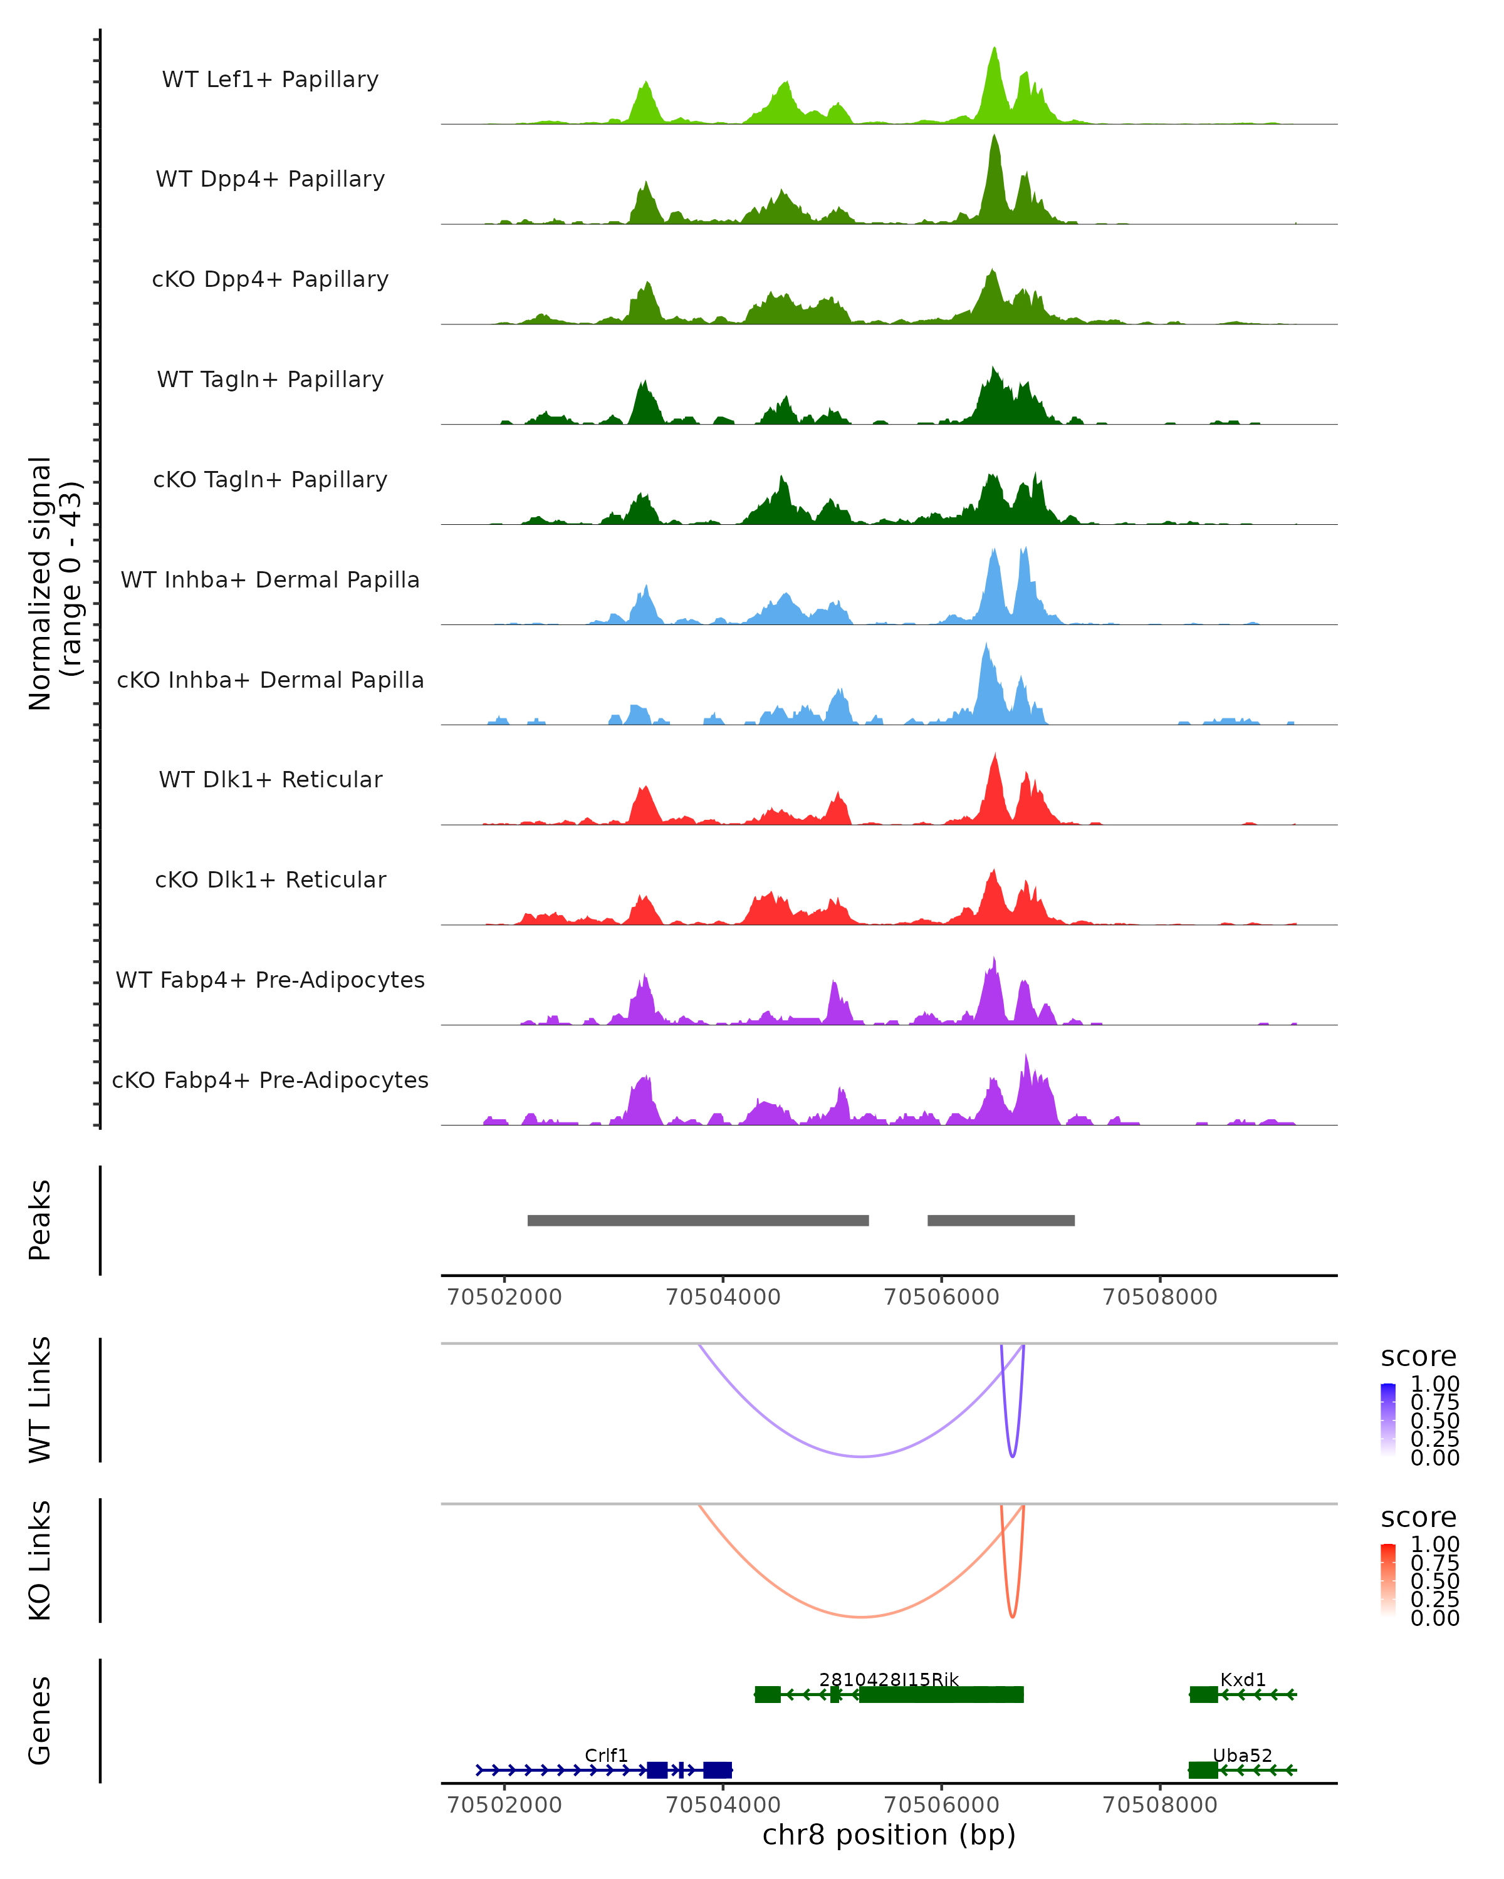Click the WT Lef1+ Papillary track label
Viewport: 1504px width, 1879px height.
click(270, 80)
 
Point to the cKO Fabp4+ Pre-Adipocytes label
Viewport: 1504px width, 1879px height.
click(270, 1080)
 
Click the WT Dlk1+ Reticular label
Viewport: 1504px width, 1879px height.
click(270, 779)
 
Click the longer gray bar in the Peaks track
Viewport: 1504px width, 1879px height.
click(697, 1220)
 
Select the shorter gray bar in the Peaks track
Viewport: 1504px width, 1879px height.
click(1001, 1220)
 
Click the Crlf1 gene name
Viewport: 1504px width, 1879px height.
click(606, 1755)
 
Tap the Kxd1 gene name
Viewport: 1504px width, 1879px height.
click(1243, 1679)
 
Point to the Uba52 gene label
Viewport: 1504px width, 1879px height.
click(1243, 1755)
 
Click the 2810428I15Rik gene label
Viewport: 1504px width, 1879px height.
click(889, 1679)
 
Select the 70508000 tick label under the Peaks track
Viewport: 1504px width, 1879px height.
click(1159, 1297)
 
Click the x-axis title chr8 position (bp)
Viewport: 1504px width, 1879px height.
click(889, 1835)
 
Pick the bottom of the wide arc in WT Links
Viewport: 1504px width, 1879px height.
click(862, 1456)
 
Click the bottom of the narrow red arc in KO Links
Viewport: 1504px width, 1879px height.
click(1012, 1617)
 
